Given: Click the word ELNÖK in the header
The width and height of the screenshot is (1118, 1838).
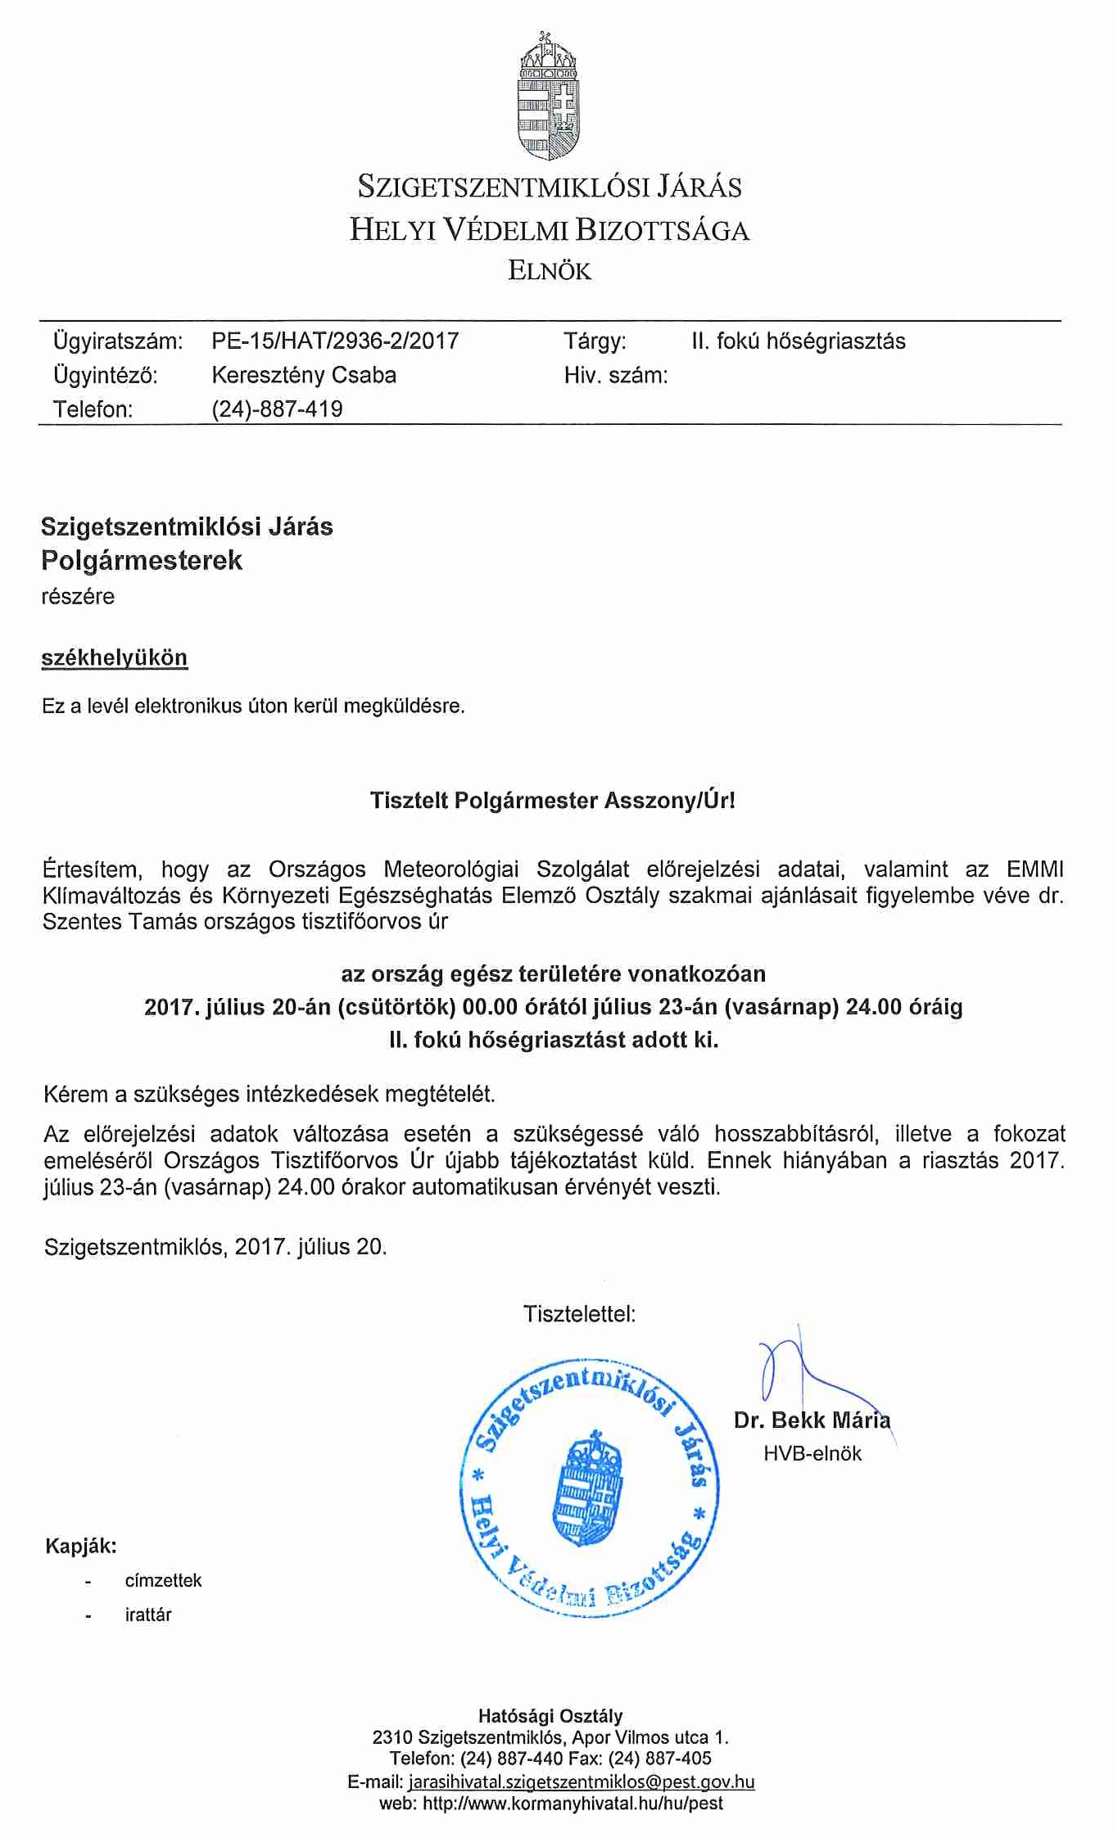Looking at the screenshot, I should coord(550,271).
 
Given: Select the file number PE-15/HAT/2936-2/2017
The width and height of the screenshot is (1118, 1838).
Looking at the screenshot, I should coord(335,341).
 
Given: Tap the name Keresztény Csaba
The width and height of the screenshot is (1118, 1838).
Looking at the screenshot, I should coord(304,376).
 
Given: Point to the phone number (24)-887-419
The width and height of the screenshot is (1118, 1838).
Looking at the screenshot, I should coord(277,409).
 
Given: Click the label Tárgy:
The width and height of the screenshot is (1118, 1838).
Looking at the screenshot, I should coord(595,341).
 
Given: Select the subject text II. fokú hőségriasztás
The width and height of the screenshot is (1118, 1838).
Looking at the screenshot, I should coord(799,341).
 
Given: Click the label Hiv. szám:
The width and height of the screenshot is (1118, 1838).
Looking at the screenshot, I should coord(616,376).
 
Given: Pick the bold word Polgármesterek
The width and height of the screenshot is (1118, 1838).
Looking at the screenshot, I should coord(142,561).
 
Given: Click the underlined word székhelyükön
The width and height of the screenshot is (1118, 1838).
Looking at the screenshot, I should coord(115,658).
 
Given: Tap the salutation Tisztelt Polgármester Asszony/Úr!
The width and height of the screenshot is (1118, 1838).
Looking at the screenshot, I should coord(553,801).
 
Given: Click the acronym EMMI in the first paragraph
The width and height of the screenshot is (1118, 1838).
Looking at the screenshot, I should coord(1035,869).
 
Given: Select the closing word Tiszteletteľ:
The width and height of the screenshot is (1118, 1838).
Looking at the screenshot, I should coord(579,1315).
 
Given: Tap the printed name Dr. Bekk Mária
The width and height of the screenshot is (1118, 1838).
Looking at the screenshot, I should coord(812,1420).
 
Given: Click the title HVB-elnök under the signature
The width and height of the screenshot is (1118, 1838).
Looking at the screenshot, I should coord(812,1454).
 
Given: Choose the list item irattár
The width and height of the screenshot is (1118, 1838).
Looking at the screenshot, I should coord(148,1615).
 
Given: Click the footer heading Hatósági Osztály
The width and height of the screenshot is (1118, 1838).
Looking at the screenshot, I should coord(550,1716).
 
